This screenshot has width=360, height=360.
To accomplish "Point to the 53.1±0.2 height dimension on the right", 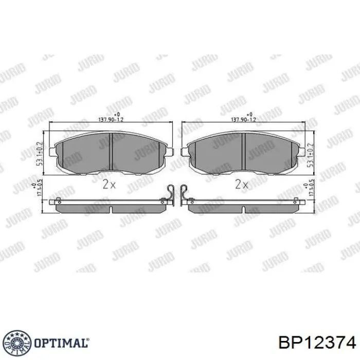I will coord(310,153).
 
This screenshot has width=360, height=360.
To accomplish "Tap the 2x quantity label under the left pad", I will coord(107,184).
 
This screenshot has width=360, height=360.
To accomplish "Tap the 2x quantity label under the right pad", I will coord(241,184).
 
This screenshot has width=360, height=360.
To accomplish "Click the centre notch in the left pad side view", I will coord(111,209).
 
